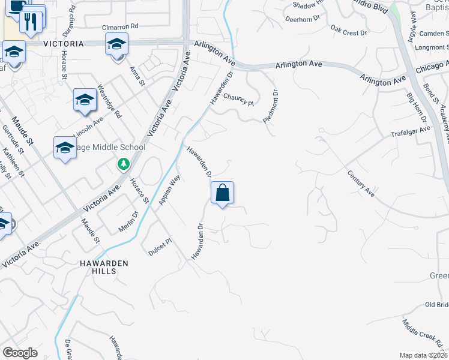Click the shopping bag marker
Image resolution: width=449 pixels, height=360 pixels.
[222, 193]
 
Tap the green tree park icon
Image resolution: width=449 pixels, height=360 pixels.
[123, 163]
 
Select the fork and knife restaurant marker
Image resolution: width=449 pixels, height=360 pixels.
[31, 22]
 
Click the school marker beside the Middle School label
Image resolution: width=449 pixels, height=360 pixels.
[65, 148]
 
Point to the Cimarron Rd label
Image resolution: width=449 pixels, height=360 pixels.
[120, 27]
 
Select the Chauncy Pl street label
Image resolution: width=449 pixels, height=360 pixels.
[239, 99]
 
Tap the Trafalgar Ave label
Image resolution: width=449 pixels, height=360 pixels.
[411, 131]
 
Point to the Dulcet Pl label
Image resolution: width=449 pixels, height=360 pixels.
[160, 247]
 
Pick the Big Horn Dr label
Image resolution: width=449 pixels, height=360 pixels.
[416, 107]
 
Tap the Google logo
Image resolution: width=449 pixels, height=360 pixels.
[20, 353]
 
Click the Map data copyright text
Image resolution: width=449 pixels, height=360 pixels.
[424, 355]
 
